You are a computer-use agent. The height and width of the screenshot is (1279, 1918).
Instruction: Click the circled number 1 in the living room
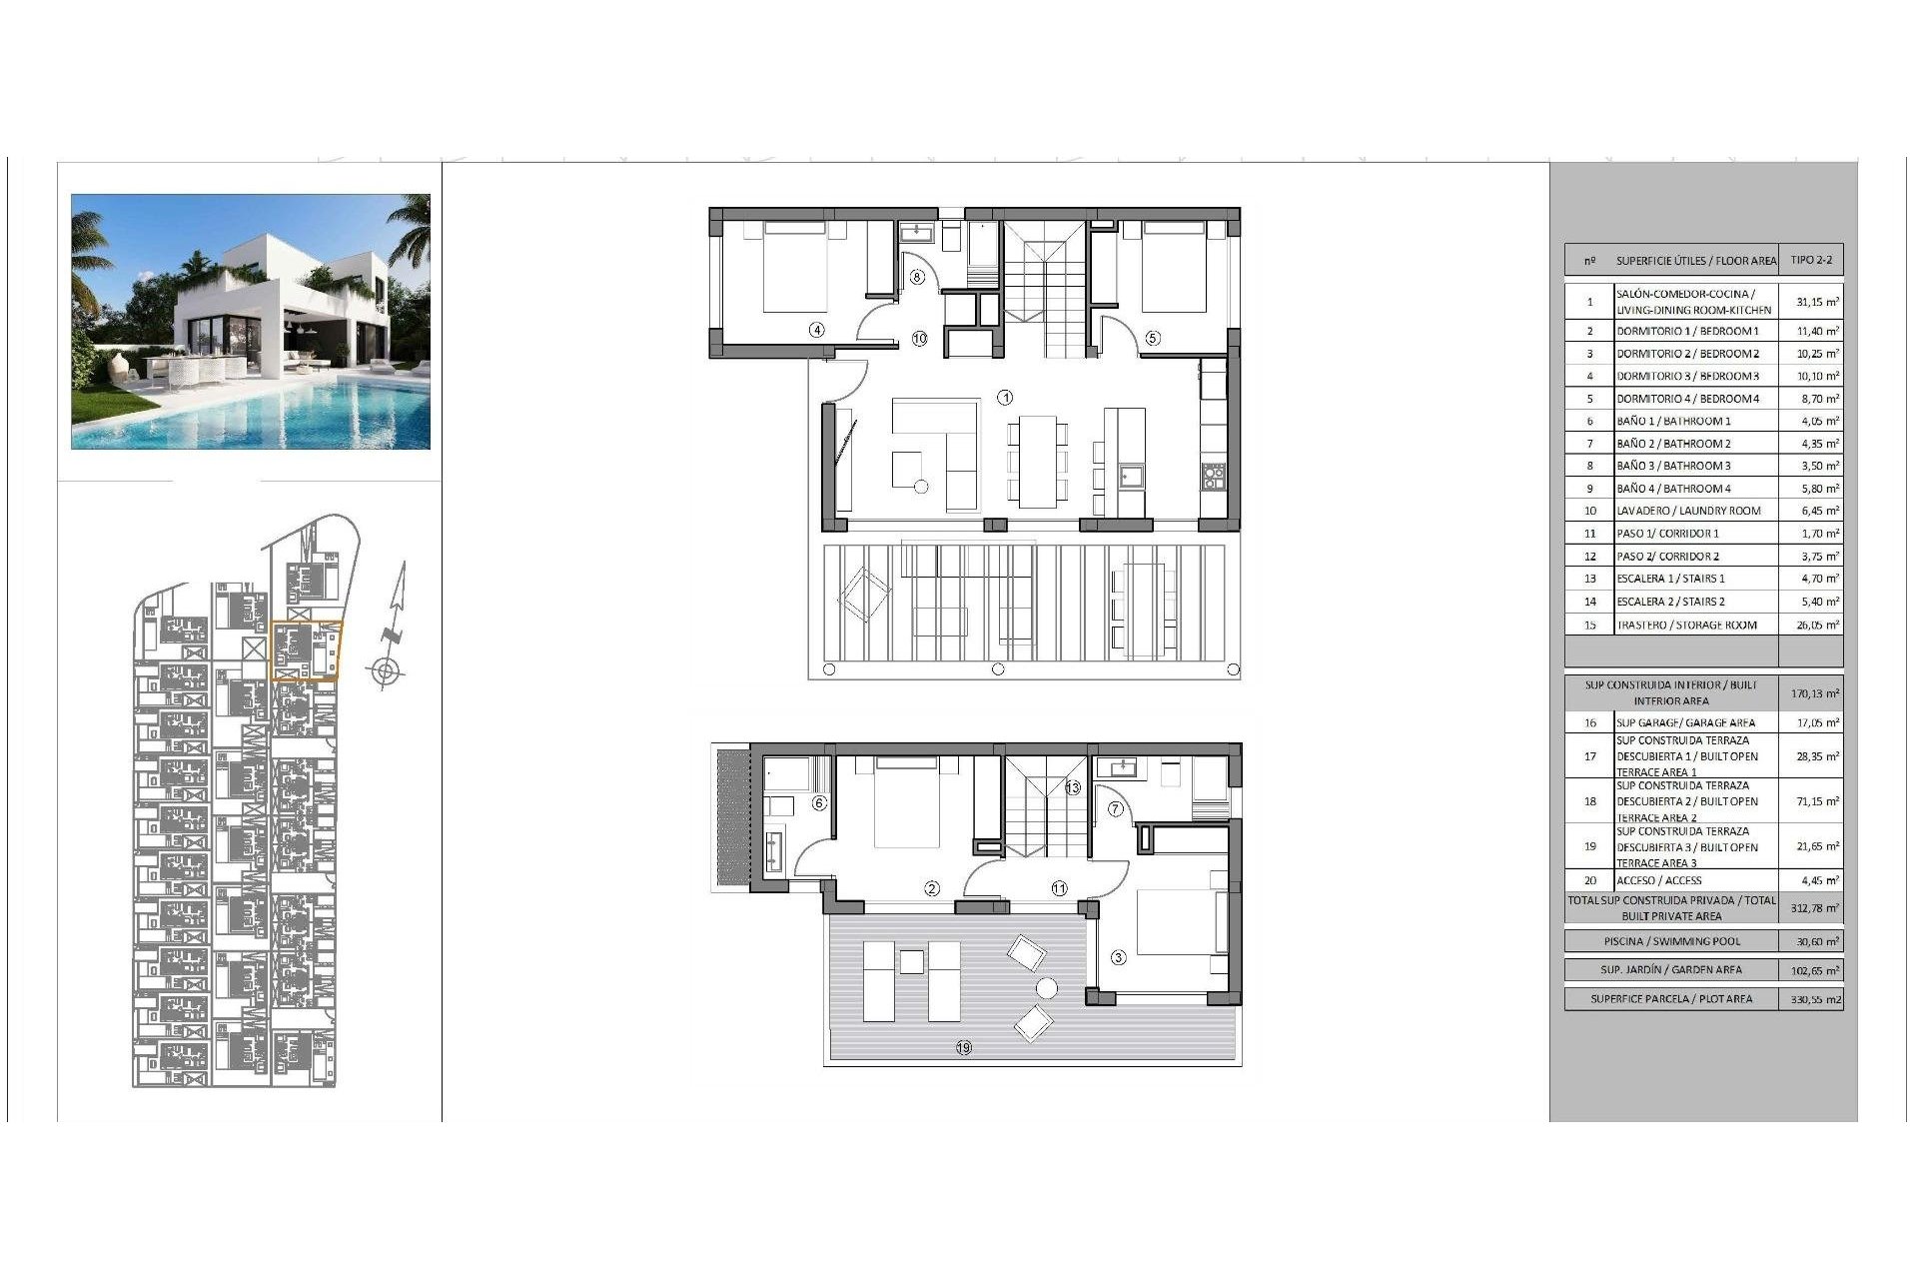[1005, 398]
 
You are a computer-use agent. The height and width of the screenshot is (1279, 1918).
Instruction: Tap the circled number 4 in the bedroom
[817, 329]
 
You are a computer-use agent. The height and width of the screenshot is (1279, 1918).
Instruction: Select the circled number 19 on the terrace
[963, 1047]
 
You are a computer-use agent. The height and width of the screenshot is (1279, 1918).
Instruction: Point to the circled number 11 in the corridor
[1059, 887]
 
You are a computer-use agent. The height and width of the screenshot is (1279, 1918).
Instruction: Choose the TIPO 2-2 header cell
[1811, 260]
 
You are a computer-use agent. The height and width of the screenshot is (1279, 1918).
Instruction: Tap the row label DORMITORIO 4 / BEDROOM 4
[1687, 399]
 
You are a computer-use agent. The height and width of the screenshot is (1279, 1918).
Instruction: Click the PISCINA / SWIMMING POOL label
[1671, 941]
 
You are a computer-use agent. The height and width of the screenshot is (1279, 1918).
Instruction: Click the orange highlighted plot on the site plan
[306, 651]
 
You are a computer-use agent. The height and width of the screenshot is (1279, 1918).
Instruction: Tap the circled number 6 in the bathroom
[819, 802]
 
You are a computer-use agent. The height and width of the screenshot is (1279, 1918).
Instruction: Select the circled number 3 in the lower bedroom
[1118, 957]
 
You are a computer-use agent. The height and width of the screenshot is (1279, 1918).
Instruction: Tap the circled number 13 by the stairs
[1073, 787]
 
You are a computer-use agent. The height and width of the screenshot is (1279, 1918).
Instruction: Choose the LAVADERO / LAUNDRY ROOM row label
[1688, 511]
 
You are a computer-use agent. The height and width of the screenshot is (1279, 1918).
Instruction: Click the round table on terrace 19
[1046, 988]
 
